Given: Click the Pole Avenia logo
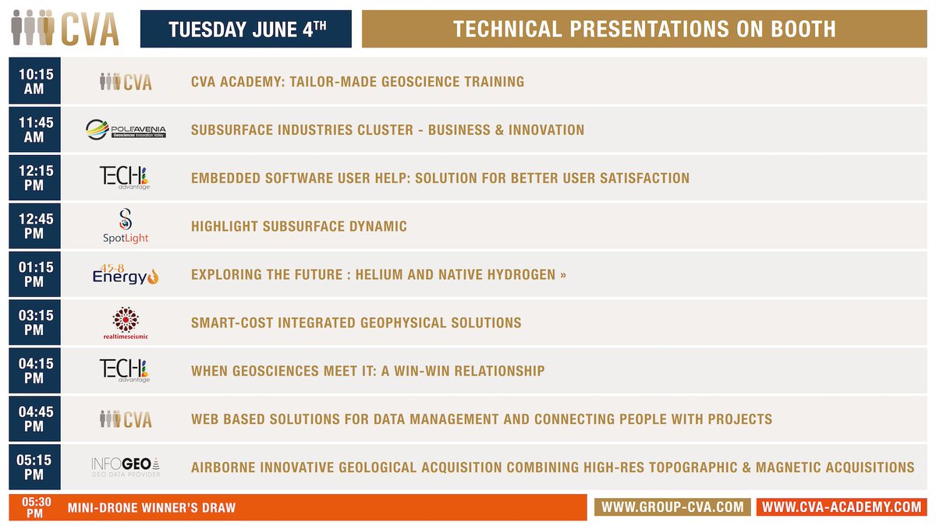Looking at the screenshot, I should pos(126,130).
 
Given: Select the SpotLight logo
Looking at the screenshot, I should pos(126,227).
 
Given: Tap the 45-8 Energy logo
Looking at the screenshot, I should pos(126,274).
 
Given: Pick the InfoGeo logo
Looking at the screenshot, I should pos(126,467).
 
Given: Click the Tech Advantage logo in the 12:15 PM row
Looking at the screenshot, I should pos(126,178).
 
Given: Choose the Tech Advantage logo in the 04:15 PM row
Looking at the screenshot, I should pos(126,371).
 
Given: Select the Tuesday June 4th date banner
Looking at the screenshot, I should pos(246,29).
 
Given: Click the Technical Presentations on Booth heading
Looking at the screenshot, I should pos(644,29).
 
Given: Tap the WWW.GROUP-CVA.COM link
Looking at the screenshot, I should pos(672,507).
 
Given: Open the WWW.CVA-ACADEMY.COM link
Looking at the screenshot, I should pos(842,507).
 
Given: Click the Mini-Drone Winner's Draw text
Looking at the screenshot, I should pos(151,508).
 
